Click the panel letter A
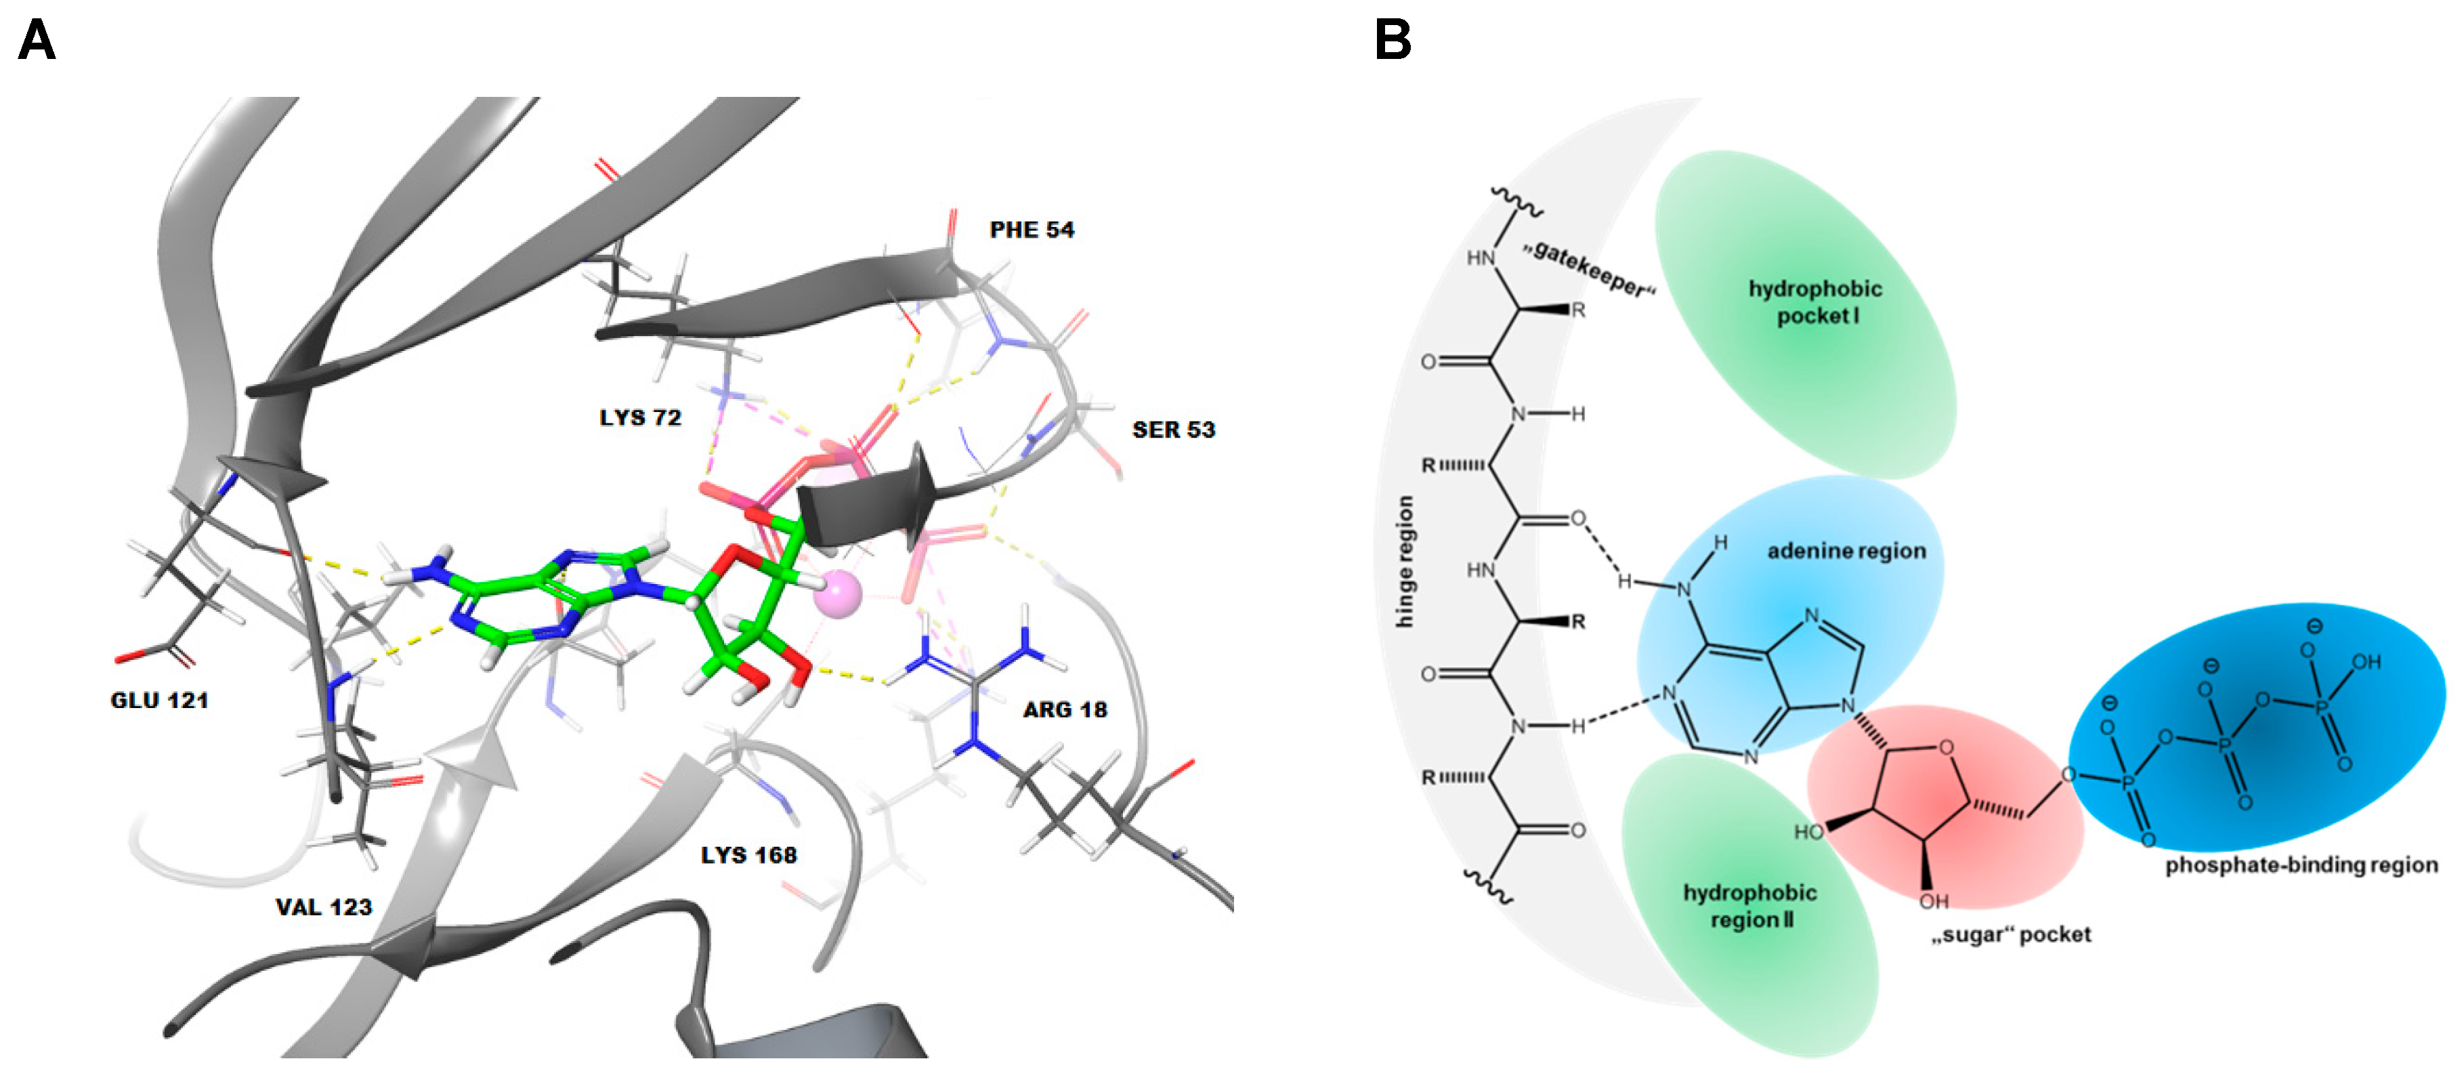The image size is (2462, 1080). point(37,40)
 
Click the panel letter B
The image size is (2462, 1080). point(1393,40)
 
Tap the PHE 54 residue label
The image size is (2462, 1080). point(1032,230)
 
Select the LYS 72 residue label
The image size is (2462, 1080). point(640,417)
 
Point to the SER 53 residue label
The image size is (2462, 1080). point(1174,430)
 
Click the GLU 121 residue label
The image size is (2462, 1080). point(160,701)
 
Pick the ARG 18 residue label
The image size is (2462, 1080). point(1065,710)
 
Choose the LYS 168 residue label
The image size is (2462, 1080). point(748,856)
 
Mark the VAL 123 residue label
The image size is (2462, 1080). point(324,907)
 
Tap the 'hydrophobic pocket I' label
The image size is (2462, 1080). point(1815,302)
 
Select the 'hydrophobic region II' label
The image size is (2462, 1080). point(1750,906)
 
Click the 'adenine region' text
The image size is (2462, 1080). point(1846,552)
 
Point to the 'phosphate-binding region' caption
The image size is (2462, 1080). point(2301,865)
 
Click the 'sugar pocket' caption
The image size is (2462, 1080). point(2011,935)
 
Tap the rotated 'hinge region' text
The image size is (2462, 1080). point(1405,562)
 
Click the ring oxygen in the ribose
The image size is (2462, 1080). point(1946,747)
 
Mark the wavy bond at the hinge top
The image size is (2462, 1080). point(1515,201)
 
